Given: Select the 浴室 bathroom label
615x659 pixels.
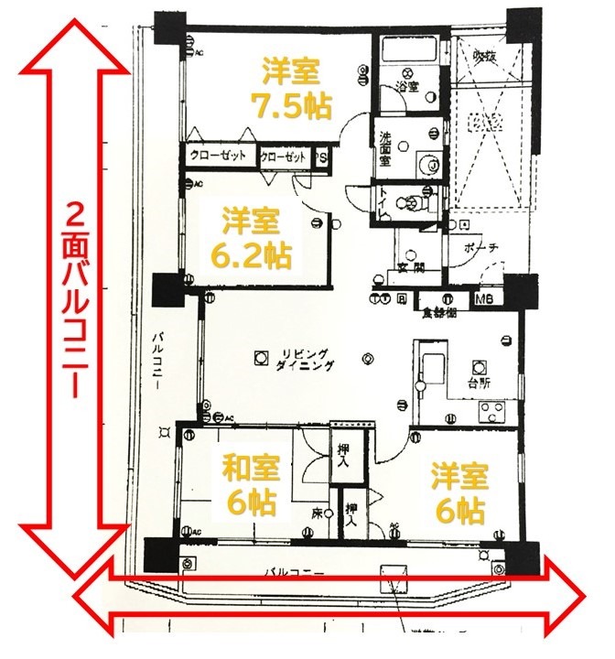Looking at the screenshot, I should coord(407,88).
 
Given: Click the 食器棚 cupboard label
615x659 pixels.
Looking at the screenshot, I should coord(438,312).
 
